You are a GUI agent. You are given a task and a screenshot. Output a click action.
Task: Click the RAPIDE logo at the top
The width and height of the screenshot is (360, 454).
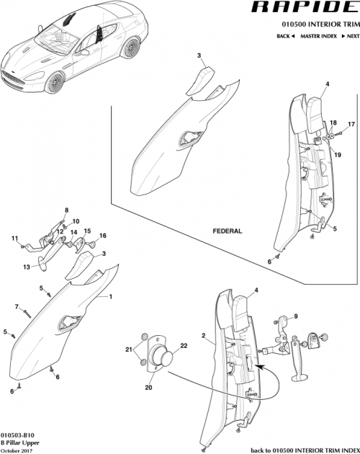tap(303, 9)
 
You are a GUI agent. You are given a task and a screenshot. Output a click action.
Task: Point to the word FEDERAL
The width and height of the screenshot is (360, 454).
tap(228, 231)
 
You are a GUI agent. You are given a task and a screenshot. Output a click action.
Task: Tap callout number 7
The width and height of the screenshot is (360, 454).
tap(17, 307)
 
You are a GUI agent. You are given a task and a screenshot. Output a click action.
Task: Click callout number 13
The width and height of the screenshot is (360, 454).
tap(27, 267)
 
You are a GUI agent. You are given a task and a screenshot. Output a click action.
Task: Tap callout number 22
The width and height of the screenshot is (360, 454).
tap(183, 347)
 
